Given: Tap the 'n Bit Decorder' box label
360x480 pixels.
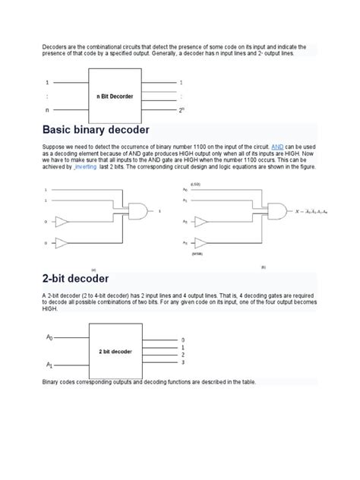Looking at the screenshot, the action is click(115, 96).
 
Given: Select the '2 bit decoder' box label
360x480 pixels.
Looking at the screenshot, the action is click(115, 352).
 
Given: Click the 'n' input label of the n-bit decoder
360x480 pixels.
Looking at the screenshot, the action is click(48, 110).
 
